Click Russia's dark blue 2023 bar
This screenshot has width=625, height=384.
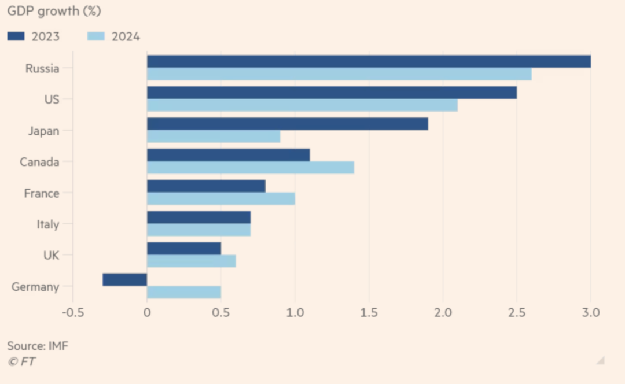(369, 61)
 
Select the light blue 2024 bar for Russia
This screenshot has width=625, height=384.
(339, 74)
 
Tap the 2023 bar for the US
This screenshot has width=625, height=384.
(332, 93)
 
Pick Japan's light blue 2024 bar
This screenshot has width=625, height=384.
(214, 136)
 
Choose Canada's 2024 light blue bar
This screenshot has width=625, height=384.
(251, 168)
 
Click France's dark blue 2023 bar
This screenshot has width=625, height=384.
(206, 186)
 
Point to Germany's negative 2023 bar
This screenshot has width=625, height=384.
(125, 280)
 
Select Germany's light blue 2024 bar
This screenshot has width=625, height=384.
(184, 292)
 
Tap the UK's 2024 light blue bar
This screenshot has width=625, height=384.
(192, 261)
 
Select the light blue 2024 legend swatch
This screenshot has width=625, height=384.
(95, 36)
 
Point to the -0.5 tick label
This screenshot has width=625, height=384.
(73, 313)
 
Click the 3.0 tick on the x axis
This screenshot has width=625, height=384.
(591, 313)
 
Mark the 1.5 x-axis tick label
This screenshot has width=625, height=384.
(369, 313)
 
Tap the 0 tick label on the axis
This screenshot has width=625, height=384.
(147, 313)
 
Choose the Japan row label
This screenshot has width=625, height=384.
(43, 131)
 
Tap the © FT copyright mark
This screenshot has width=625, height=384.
(21, 361)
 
